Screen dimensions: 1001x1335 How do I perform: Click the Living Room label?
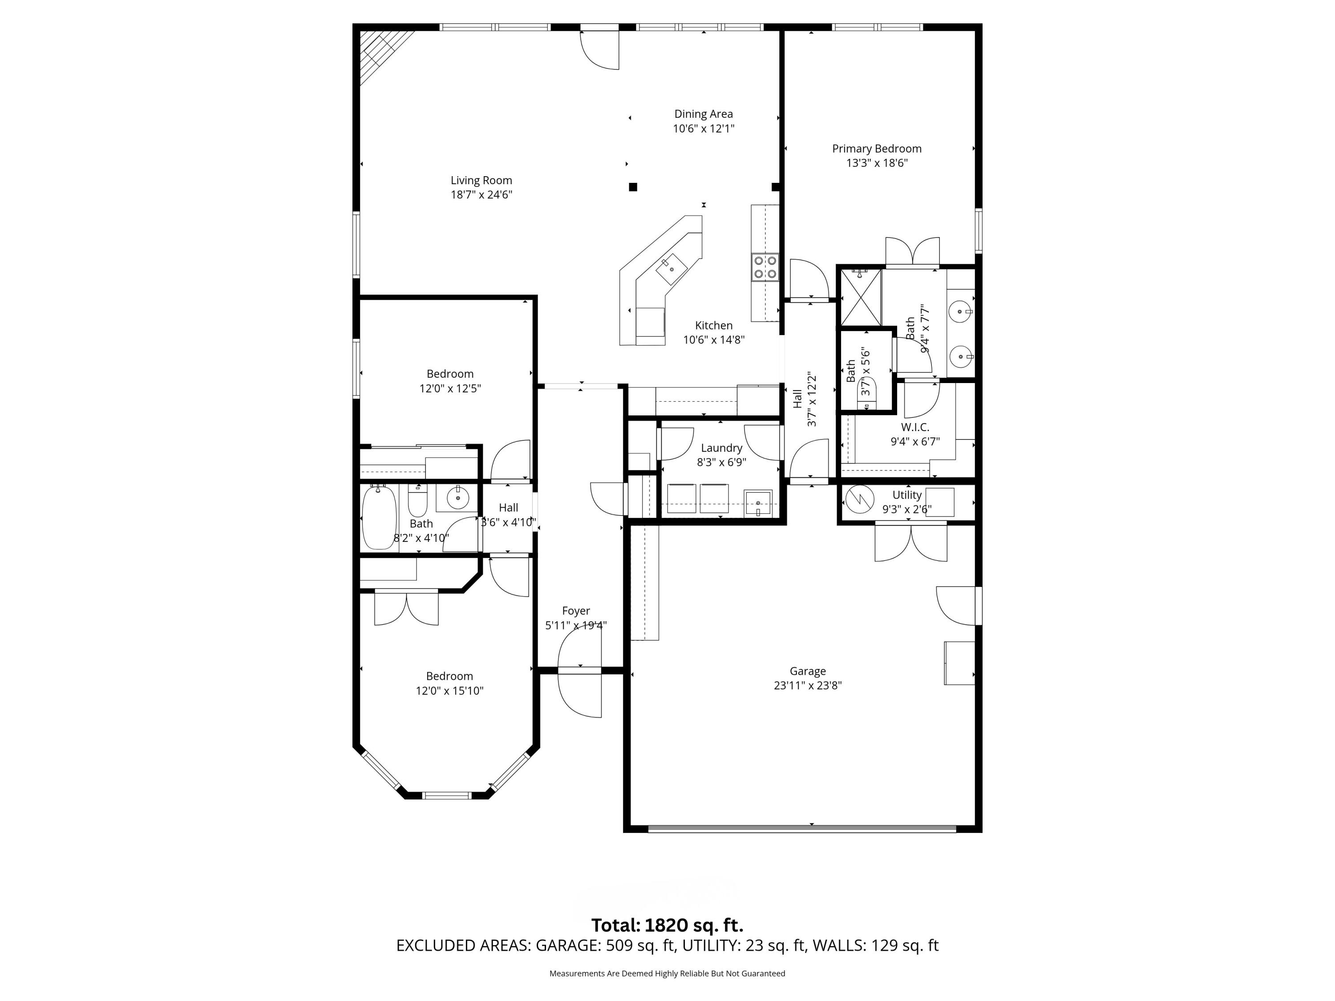[x=481, y=181]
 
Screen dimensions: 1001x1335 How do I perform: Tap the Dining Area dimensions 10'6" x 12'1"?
[x=703, y=129]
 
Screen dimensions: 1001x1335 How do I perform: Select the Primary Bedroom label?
[x=876, y=149]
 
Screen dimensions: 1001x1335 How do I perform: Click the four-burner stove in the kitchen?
[x=765, y=266]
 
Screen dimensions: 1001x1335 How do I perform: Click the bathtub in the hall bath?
[x=379, y=518]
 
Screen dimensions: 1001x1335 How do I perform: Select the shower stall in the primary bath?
[x=861, y=297]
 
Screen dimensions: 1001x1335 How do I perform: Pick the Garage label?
[x=808, y=671]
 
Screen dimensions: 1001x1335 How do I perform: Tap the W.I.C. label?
[x=915, y=427]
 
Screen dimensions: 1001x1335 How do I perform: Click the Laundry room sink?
[x=757, y=502]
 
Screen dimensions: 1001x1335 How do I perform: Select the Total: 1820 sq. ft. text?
[x=667, y=925]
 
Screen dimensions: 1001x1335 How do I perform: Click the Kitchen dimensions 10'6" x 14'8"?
[x=713, y=340]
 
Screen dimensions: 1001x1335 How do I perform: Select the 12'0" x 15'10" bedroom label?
[x=449, y=690]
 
